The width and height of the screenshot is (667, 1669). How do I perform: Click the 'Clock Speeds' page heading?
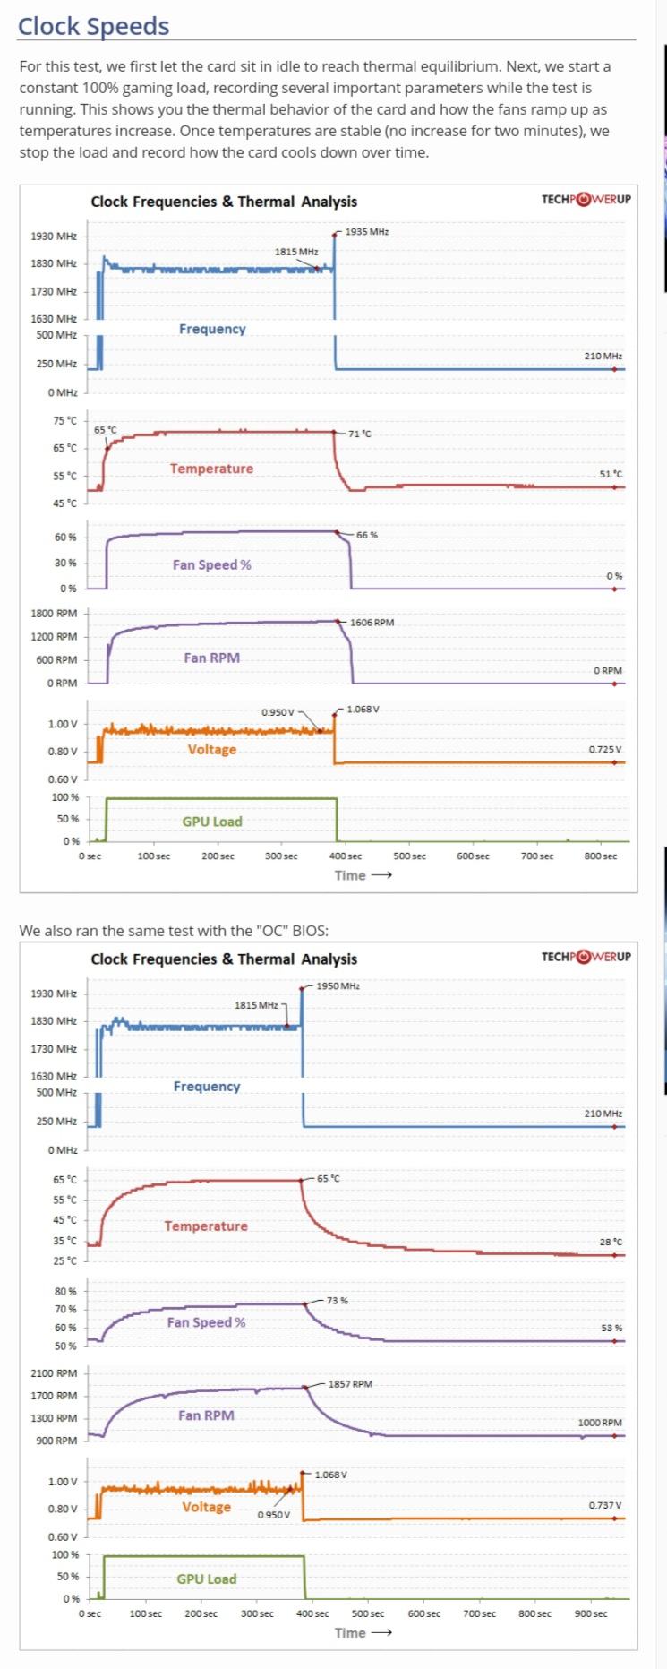93,26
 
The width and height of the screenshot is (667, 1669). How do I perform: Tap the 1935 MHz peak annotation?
367,231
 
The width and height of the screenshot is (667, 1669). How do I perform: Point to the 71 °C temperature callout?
360,434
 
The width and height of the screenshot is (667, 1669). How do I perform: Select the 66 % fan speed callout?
367,535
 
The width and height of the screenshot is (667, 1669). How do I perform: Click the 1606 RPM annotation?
372,622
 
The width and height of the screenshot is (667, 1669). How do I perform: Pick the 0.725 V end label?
605,749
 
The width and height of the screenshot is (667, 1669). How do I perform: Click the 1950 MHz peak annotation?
338,985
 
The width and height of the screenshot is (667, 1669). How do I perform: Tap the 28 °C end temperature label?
611,1242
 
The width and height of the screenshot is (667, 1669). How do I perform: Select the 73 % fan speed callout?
338,1300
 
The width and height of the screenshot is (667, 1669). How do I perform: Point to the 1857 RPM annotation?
350,1383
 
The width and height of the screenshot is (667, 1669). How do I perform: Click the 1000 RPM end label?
600,1422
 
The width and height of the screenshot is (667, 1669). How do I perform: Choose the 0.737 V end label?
605,1504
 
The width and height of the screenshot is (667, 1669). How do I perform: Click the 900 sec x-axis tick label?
590,1613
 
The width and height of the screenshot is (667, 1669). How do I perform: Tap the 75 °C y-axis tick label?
64,420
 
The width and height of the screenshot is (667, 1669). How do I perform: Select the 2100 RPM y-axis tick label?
54,1372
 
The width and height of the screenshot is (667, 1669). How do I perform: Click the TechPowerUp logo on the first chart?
586,199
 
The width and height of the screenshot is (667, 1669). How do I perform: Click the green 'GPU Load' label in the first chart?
212,822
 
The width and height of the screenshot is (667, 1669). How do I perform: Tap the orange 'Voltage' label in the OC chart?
207,1507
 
